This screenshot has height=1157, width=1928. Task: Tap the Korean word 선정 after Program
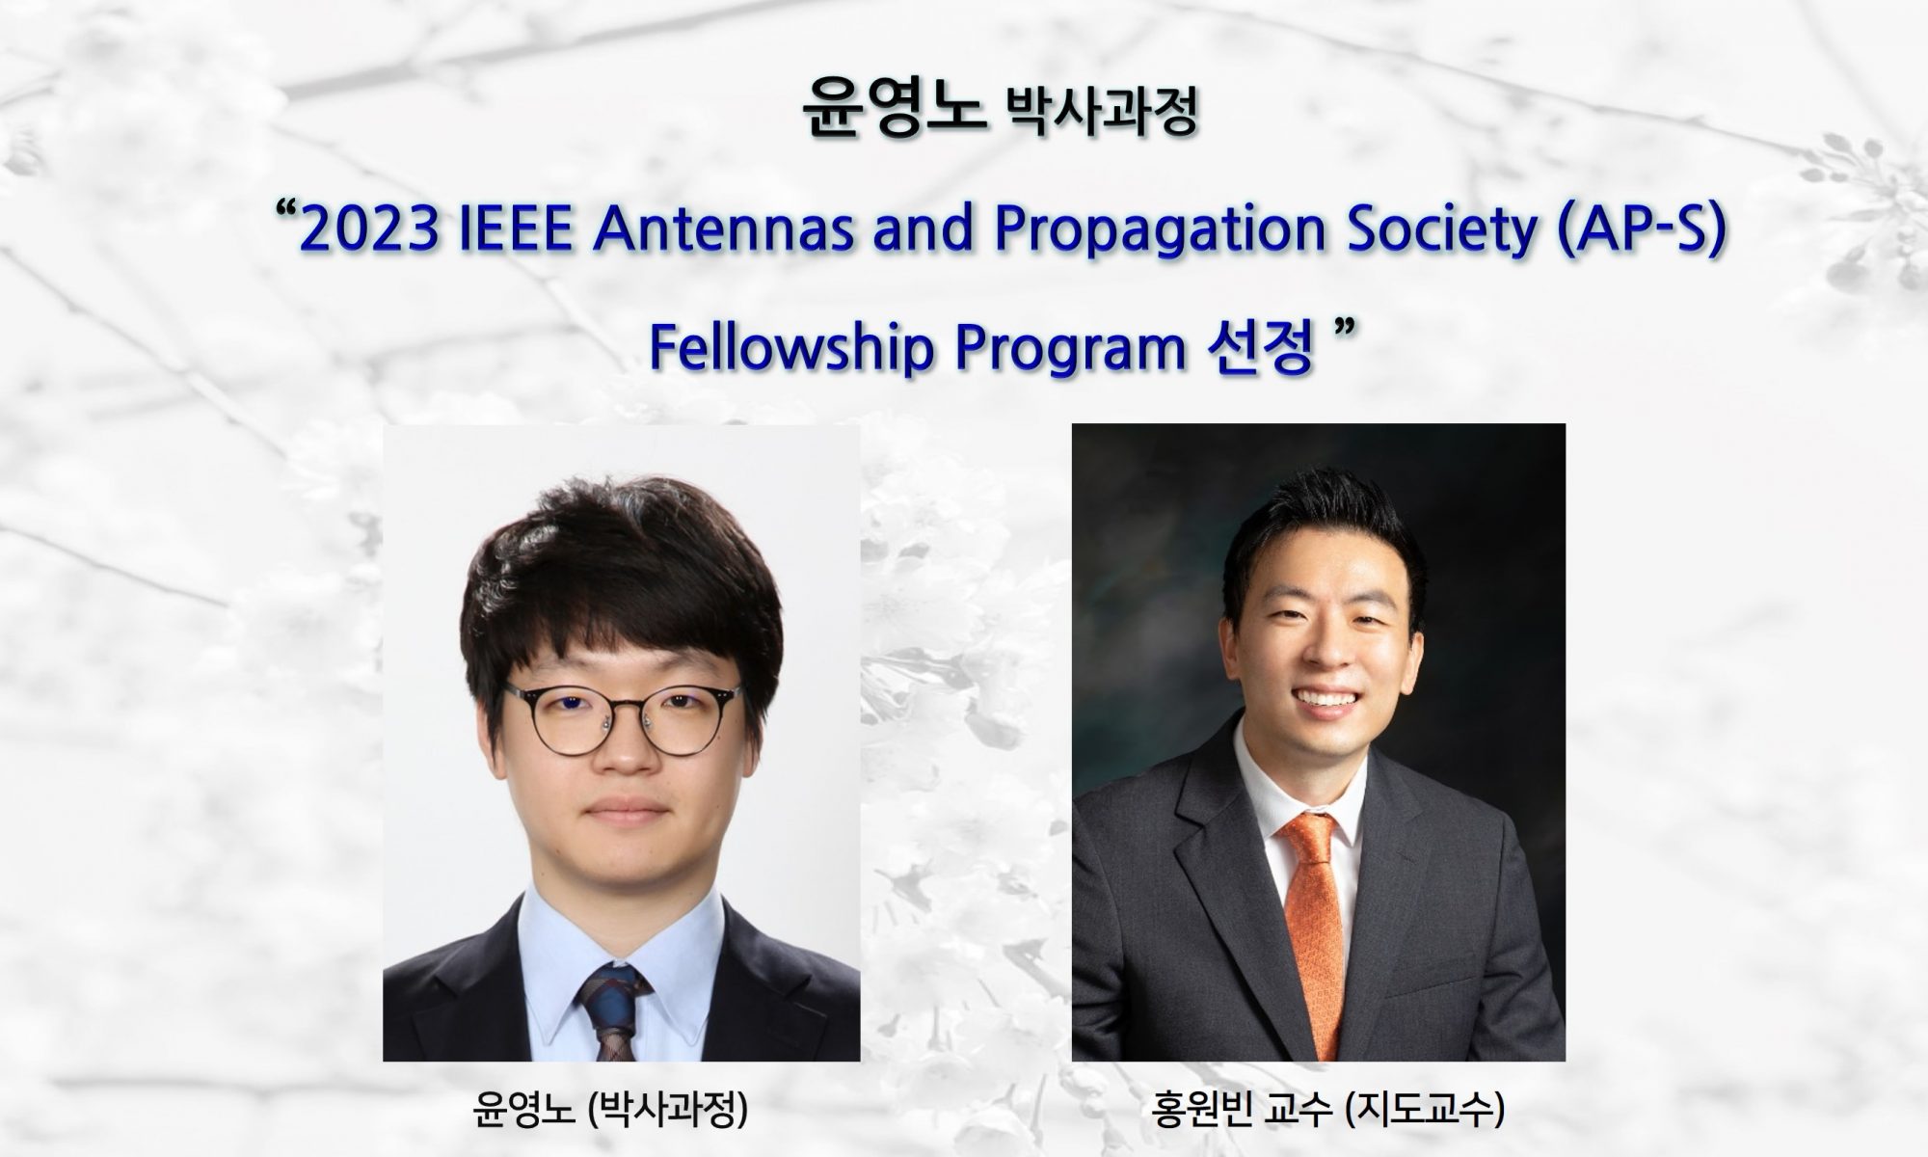(1261, 349)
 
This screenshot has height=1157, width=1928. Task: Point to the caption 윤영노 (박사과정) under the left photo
(611, 1111)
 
